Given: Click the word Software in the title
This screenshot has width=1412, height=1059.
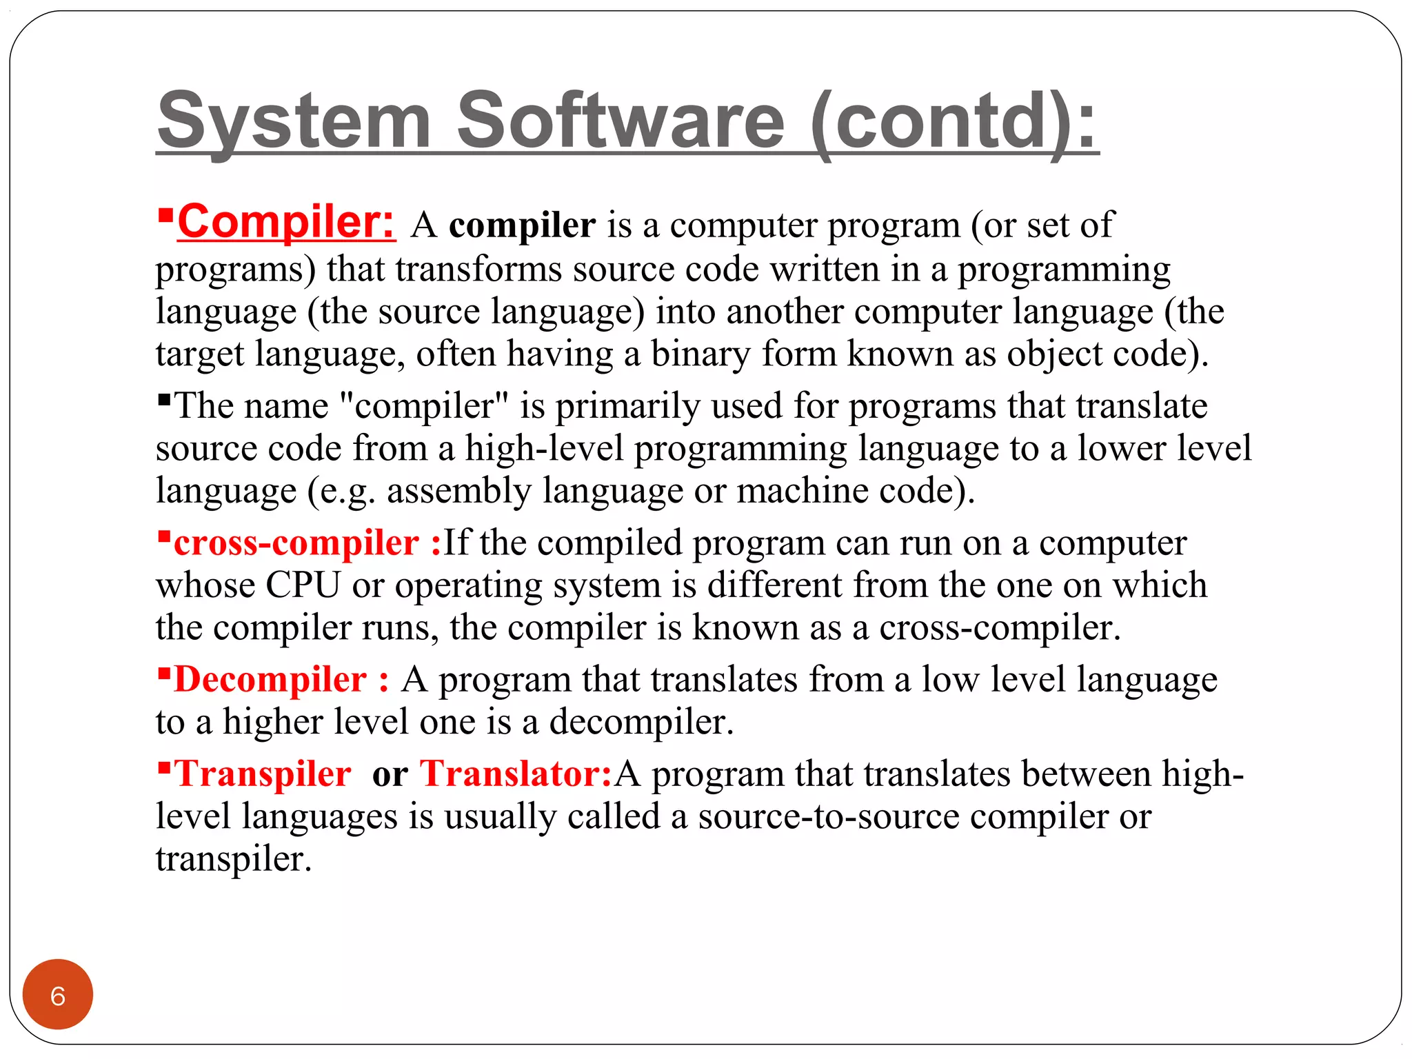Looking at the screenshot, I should click(621, 121).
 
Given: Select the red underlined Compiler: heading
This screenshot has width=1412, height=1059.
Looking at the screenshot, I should click(285, 222).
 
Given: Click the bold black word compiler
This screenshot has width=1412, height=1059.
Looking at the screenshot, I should click(522, 225).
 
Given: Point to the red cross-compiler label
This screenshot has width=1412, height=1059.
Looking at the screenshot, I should click(296, 543).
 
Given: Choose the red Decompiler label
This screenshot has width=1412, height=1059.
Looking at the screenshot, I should click(270, 680).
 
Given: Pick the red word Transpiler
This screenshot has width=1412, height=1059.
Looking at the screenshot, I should click(262, 774).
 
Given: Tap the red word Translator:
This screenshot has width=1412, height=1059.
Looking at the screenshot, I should click(516, 774).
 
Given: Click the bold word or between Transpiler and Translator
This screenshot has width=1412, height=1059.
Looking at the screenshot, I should click(390, 775).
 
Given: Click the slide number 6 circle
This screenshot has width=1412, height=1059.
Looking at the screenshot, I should click(58, 995).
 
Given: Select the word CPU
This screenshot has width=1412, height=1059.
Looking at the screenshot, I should click(303, 585).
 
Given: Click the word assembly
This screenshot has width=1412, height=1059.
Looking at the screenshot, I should click(459, 492).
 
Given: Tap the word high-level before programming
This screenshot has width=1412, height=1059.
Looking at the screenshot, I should click(544, 449).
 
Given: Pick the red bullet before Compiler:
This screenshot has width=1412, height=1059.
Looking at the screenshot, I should click(165, 216).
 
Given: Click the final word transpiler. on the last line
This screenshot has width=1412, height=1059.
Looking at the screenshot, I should click(234, 860).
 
